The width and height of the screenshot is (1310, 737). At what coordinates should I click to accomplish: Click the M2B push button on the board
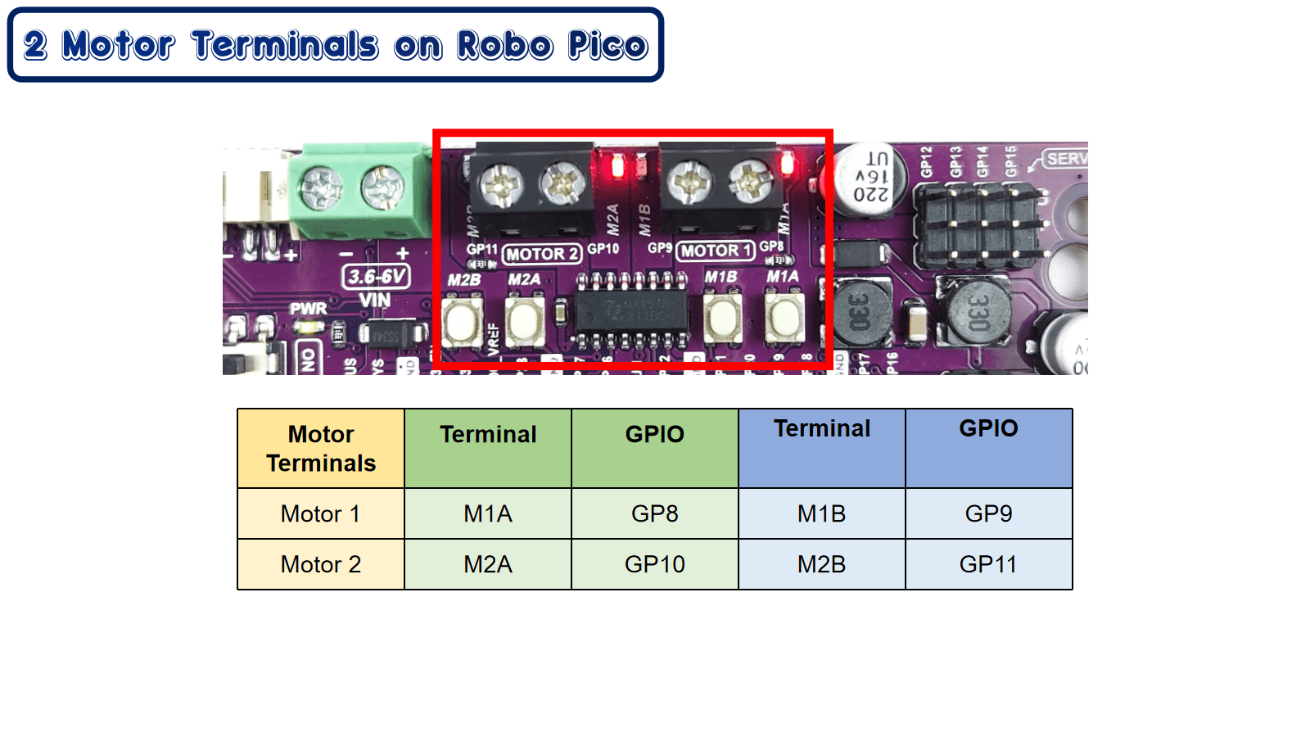[462, 321]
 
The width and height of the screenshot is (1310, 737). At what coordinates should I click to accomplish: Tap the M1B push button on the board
[722, 319]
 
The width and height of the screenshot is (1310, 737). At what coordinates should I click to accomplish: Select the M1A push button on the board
[784, 319]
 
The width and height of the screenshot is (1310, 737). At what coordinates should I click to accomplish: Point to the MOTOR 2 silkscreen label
[542, 254]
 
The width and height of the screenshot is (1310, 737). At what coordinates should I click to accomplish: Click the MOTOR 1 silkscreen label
[715, 251]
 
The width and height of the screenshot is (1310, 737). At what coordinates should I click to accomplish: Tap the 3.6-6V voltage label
[376, 277]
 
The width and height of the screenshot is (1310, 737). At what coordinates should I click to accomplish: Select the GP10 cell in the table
[654, 564]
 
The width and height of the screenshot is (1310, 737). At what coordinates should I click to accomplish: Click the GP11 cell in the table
[987, 564]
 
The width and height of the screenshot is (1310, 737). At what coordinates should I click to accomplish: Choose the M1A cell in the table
[488, 513]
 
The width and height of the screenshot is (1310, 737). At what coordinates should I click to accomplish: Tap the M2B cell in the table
[821, 564]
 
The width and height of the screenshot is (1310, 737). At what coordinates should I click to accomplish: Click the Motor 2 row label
[320, 564]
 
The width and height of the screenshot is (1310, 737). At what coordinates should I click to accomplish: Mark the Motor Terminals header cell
[320, 449]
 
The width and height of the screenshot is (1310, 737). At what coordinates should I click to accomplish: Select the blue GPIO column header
[987, 447]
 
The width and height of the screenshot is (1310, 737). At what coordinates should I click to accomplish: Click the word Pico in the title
[608, 46]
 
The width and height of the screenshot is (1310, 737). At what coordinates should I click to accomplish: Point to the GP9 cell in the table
[987, 513]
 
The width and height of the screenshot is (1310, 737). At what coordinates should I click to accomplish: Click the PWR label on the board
[308, 309]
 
